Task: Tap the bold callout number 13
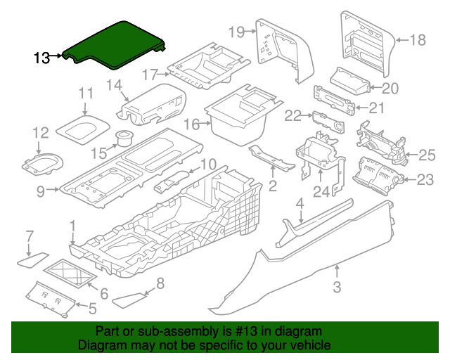click(x=42, y=58)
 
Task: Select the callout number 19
click(x=236, y=32)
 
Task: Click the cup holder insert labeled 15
click(x=124, y=138)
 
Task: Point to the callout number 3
click(x=337, y=287)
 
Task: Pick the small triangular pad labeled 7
click(x=33, y=260)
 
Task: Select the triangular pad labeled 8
click(x=129, y=300)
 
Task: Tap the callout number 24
click(x=321, y=192)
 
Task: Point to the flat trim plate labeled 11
click(x=83, y=129)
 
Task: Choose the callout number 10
click(x=208, y=165)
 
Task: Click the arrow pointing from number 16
click(x=205, y=124)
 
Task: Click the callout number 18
click(x=418, y=40)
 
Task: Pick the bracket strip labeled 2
click(x=271, y=157)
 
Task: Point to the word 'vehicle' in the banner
click(x=313, y=345)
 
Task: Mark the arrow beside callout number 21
click(x=361, y=108)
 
